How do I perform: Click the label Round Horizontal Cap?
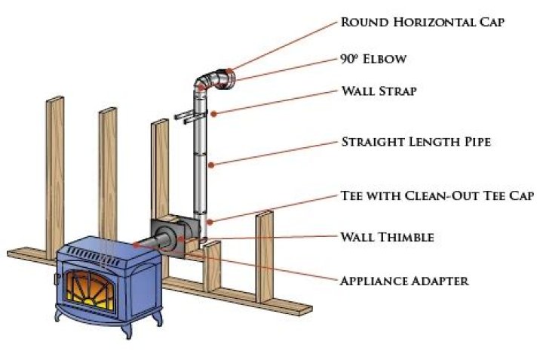[x=422, y=21]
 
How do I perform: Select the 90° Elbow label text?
[x=373, y=58]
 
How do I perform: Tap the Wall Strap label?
[x=378, y=91]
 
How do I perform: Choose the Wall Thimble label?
[x=387, y=238]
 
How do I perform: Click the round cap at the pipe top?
[x=229, y=76]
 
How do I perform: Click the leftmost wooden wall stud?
[x=54, y=174]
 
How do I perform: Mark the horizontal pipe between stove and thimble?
[x=154, y=244]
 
